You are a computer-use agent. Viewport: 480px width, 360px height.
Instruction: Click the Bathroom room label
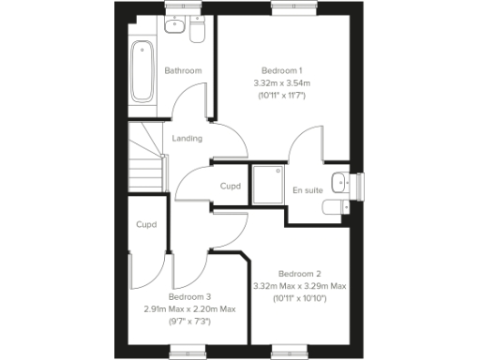pos(183,71)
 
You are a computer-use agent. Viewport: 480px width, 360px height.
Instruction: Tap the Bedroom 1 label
pos(280,71)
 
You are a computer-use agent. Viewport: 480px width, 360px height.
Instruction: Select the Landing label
pos(187,140)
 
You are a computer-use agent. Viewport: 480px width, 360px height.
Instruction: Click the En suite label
pos(307,190)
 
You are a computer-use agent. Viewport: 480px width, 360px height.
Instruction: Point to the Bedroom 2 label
pos(300,274)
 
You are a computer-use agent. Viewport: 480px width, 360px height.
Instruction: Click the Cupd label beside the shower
pos(230,187)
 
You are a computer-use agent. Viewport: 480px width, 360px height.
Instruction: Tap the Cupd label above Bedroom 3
pos(145,225)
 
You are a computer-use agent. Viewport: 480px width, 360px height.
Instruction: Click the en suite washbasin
pos(341,181)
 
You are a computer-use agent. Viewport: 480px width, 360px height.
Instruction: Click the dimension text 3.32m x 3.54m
pos(280,83)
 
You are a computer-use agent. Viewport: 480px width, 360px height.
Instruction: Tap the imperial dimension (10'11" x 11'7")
pos(280,96)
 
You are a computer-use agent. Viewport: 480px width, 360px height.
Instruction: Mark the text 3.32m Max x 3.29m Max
pos(300,286)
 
